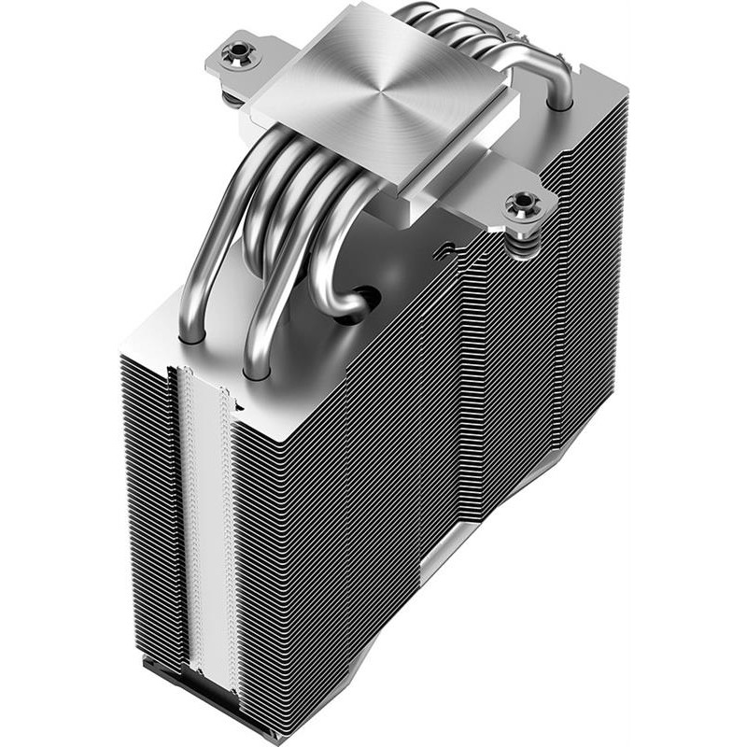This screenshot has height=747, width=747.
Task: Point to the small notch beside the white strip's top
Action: (239, 405)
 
